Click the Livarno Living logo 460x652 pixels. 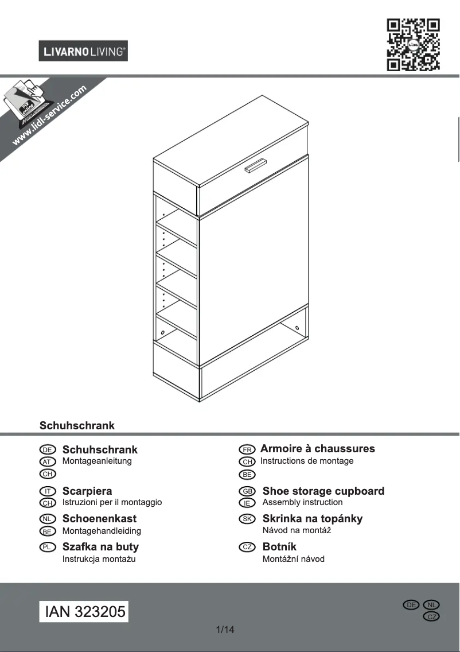(83, 51)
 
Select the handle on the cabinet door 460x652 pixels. (256, 165)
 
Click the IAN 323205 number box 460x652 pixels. (85, 611)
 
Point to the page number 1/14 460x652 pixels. (225, 630)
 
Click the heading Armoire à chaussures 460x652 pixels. (317, 449)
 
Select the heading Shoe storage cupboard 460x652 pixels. (323, 491)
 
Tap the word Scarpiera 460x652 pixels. (87, 491)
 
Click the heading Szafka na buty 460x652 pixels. (100, 547)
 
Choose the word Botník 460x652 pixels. (279, 547)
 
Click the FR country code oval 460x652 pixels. (247, 449)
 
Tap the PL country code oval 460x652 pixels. (47, 547)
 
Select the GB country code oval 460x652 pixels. (247, 492)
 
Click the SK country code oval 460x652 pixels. (247, 519)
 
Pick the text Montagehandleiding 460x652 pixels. (102, 531)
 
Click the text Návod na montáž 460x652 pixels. (297, 531)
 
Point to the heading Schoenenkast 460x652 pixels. (99, 519)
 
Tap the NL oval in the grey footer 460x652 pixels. (431, 605)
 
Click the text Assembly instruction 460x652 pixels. (302, 502)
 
